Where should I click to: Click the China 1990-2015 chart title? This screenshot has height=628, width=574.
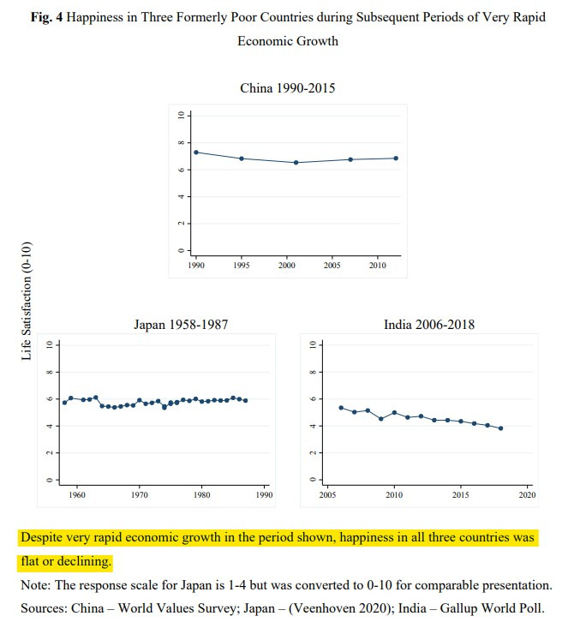point(287,88)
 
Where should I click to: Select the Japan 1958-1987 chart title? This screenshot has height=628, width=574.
point(180,325)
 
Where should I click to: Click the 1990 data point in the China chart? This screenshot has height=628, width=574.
point(197,153)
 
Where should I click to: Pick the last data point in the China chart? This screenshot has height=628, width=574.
point(397,158)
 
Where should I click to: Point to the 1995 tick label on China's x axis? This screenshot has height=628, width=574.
point(242,266)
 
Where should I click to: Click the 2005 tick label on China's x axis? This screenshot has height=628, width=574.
point(332,266)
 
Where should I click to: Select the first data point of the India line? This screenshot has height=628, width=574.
point(341,408)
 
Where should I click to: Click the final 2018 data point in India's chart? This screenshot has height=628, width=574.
point(500,428)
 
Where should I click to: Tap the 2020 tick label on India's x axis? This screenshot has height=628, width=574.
point(527,495)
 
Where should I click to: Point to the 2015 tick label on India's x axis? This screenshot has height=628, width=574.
point(461,495)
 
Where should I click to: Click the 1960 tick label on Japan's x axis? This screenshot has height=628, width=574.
point(77,495)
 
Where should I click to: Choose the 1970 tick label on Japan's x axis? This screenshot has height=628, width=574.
point(140,495)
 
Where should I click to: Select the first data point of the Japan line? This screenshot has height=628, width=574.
point(64,403)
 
